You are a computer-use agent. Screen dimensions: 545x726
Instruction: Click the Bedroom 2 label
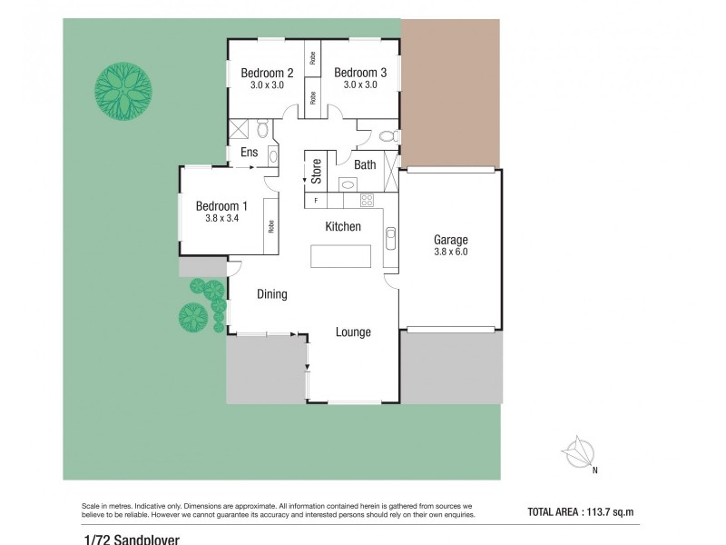point(267,73)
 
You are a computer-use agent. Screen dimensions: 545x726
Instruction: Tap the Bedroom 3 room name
point(360,73)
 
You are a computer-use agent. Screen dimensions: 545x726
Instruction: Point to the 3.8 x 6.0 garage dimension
point(450,253)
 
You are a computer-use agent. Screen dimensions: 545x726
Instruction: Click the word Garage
point(450,241)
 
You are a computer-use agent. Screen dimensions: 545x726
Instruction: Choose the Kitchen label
point(343,226)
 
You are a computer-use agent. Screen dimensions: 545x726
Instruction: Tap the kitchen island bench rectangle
point(342,256)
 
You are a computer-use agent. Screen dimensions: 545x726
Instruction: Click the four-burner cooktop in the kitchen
point(368,200)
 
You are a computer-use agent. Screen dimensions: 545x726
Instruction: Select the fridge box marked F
point(316,200)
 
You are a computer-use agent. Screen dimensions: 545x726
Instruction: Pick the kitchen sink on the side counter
point(390,238)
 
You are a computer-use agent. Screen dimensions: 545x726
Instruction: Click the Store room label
point(317,171)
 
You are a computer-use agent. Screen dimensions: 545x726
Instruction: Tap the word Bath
point(365,164)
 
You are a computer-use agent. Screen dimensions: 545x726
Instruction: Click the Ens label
point(247,154)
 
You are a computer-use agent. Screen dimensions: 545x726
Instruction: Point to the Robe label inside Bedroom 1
point(270,226)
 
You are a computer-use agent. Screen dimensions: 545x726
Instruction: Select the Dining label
point(272,294)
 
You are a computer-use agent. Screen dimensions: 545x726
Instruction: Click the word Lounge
point(353,332)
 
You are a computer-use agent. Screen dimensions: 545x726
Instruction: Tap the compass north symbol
point(578,451)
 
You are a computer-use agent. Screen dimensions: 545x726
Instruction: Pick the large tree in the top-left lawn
point(124,91)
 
